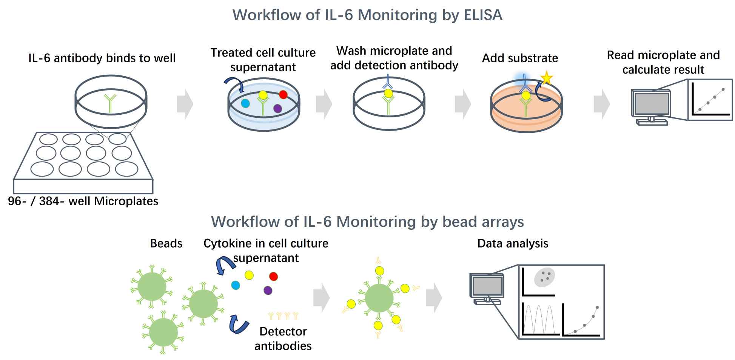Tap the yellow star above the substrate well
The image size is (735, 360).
546,78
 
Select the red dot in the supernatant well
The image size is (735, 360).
283,94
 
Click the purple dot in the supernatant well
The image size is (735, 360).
277,109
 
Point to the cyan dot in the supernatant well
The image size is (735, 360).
245,103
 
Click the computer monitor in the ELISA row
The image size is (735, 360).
651,104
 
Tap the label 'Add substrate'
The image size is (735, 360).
520,58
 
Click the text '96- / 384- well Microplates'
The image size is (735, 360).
83,201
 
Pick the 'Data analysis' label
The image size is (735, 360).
513,243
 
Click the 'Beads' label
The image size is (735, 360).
166,243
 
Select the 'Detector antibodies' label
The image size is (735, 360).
283,338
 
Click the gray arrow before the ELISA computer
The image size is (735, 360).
601,104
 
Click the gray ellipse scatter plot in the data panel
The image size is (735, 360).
544,278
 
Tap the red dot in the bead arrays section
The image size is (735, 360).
273,277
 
